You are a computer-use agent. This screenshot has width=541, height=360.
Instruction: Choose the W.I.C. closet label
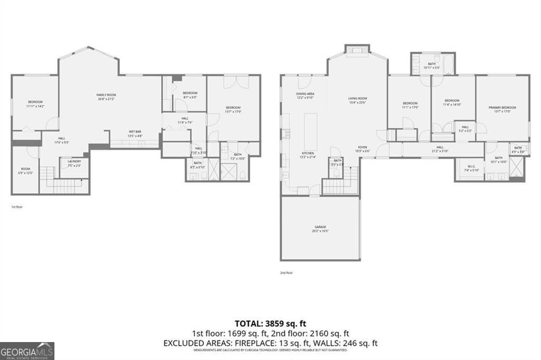468,168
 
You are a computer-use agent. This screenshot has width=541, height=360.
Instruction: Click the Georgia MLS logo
27,350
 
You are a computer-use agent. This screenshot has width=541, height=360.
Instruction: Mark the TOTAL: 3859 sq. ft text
270,323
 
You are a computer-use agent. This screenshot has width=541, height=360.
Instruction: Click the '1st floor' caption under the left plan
17,207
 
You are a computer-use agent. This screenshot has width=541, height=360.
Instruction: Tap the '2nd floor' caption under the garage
286,273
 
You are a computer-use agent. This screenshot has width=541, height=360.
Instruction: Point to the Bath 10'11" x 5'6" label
432,65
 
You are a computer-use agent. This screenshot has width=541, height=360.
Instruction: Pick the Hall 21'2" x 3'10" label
440,149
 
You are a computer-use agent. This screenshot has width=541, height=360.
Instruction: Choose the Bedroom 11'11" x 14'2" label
35,104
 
